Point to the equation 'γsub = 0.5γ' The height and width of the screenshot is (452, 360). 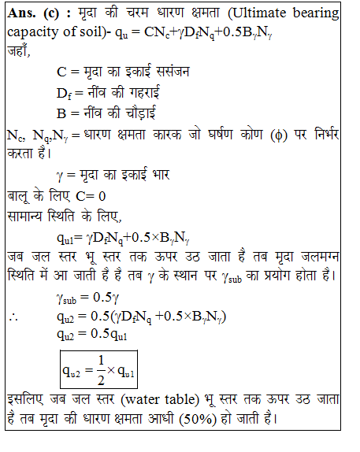pos(87,298)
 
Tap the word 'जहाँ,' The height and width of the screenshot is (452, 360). pos(20,53)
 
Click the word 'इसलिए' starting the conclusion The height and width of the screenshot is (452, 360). pos(24,396)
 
